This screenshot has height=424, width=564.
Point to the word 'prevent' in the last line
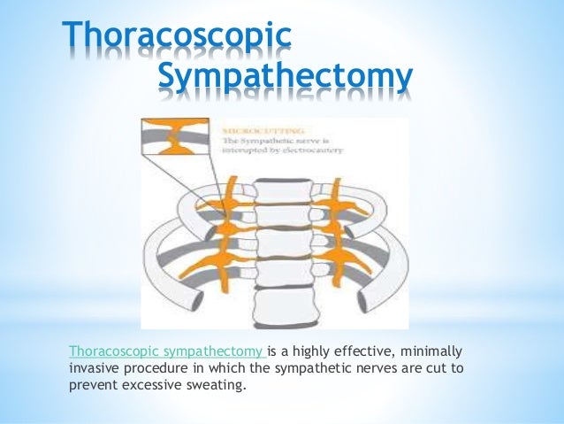coord(88,385)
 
